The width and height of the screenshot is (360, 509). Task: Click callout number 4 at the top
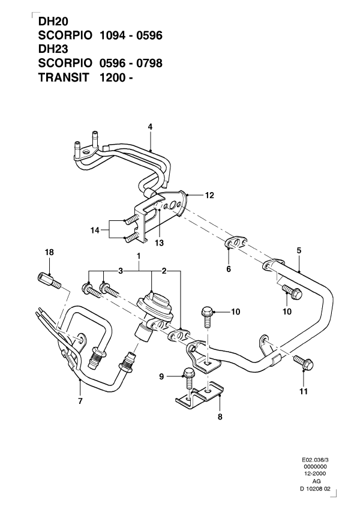click(151, 126)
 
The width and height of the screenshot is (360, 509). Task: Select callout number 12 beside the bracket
click(209, 195)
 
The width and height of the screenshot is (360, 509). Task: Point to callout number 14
click(94, 230)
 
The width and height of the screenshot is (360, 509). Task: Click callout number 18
click(50, 253)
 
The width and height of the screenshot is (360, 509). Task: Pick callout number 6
click(229, 270)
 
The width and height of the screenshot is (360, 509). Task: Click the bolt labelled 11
click(300, 362)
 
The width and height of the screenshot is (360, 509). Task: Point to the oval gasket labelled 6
click(235, 243)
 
